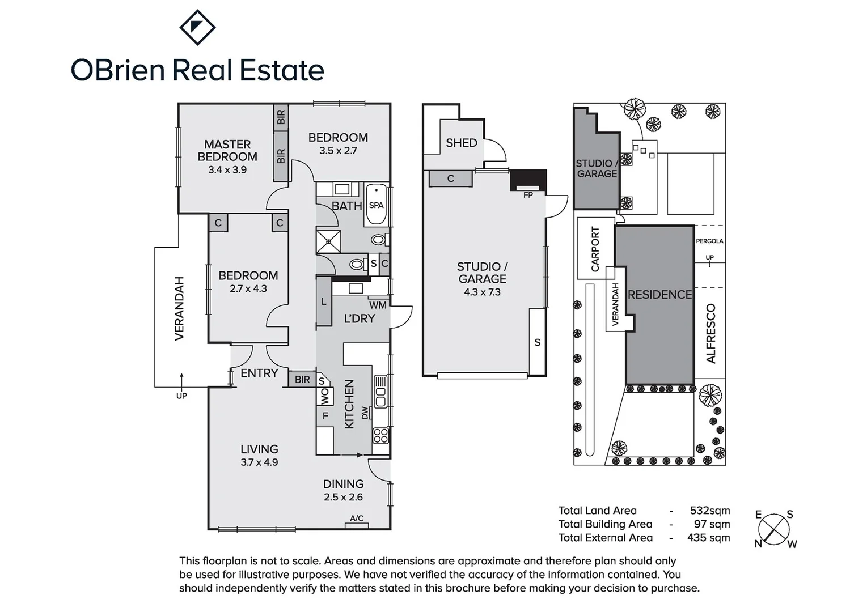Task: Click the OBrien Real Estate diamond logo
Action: point(197,27)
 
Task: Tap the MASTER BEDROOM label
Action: point(227,151)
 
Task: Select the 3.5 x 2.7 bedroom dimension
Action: point(338,151)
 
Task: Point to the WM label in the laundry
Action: point(378,305)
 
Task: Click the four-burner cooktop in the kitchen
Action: point(380,436)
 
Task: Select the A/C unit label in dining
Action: point(357,518)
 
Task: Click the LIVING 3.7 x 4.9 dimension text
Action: point(259,462)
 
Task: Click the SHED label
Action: point(462,143)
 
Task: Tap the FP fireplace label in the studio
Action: point(528,195)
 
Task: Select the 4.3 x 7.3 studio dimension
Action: point(483,292)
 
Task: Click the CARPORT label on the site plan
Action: point(595,249)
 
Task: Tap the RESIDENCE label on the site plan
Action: point(659,295)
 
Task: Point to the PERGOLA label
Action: point(709,241)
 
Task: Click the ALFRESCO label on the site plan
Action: point(711,334)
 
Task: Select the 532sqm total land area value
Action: point(710,511)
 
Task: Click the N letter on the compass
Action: point(758,544)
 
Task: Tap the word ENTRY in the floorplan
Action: point(259,373)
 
